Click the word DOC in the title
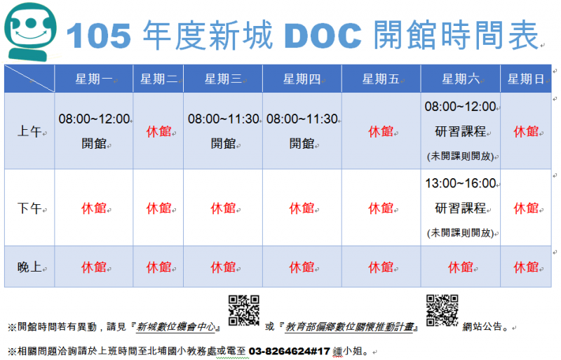pos(323,34)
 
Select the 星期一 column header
pos(94,79)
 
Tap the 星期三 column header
pos(223,79)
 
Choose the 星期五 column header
pos(381,79)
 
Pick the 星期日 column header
pos(525,79)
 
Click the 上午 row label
pos(29,131)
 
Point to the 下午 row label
pos(29,208)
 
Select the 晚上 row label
pos(29,267)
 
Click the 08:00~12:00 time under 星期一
pos(94,119)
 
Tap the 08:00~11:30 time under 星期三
pos(223,119)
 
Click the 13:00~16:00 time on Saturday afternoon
pos(460,183)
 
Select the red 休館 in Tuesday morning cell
pos(158,131)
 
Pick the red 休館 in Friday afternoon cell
pos(381,208)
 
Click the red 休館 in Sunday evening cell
pos(525,267)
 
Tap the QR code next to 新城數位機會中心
pos(244,310)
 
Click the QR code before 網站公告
pos(442,310)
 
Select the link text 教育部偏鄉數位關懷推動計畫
pos(351,326)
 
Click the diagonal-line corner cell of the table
pos(29,79)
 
